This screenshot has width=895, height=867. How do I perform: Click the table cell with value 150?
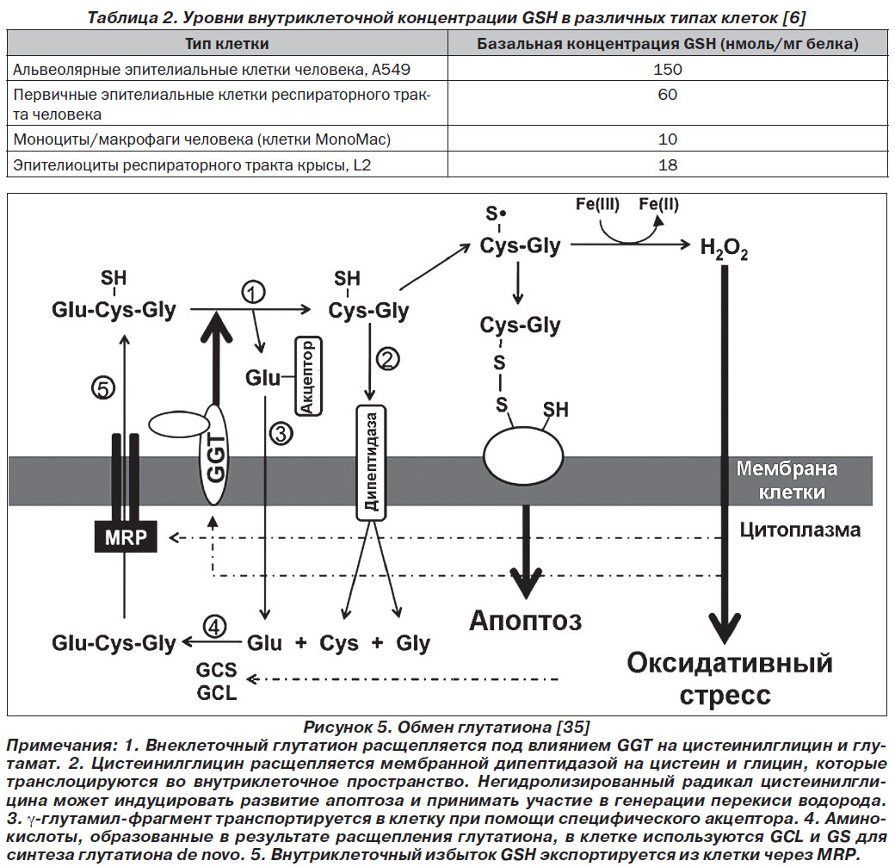pyautogui.click(x=667, y=69)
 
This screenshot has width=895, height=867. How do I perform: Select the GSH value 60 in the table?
pyautogui.click(x=667, y=94)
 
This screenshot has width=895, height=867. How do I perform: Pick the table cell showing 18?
pyautogui.click(x=667, y=165)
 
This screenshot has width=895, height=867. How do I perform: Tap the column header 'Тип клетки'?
pyautogui.click(x=227, y=43)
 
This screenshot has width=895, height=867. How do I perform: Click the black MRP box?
pyautogui.click(x=126, y=536)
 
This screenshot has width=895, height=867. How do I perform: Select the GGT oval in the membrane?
pyautogui.click(x=214, y=455)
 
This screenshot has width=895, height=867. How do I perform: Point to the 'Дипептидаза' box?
pyautogui.click(x=371, y=462)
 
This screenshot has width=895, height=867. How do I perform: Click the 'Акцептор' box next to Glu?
pyautogui.click(x=308, y=375)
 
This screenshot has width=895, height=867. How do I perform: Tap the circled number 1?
pyautogui.click(x=253, y=292)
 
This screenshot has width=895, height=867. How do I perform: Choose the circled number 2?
pyautogui.click(x=387, y=359)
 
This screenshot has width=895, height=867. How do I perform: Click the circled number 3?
pyautogui.click(x=281, y=434)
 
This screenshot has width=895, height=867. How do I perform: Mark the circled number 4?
pyautogui.click(x=214, y=627)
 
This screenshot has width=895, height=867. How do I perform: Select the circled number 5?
pyautogui.click(x=103, y=388)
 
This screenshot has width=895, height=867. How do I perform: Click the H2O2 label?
pyautogui.click(x=724, y=249)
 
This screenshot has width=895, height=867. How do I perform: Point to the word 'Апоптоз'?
pyautogui.click(x=526, y=621)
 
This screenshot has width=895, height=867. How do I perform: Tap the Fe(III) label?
pyautogui.click(x=597, y=204)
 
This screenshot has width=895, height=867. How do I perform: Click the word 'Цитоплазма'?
pyautogui.click(x=800, y=530)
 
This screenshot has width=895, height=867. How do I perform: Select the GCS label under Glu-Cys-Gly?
pyautogui.click(x=216, y=669)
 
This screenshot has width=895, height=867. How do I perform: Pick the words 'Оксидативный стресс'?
pyautogui.click(x=728, y=679)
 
